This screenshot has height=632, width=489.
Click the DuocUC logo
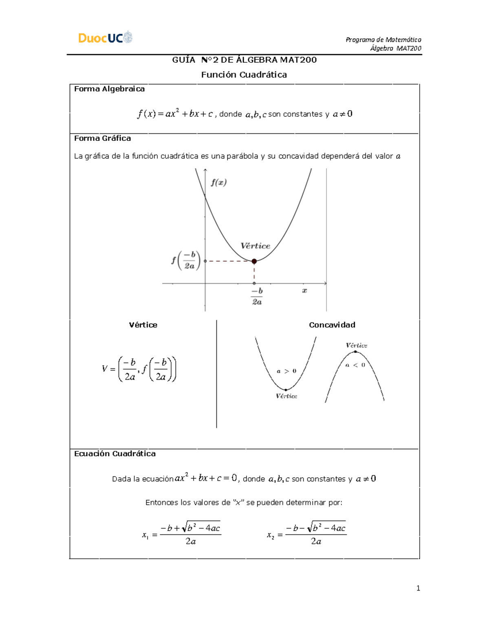[105, 37]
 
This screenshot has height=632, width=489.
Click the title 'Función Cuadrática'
[244, 74]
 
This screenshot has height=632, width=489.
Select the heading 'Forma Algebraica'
[109, 89]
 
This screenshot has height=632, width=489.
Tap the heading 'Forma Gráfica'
[102, 138]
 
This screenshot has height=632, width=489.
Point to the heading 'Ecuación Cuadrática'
[115, 454]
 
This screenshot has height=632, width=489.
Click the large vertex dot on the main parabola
[254, 261]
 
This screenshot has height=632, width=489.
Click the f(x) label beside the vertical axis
[219, 182]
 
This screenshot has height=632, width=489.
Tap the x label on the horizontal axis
[304, 291]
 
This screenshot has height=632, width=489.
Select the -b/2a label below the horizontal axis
[257, 296]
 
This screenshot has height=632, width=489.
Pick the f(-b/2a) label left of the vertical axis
[186, 260]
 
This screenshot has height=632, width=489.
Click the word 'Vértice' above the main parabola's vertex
[255, 246]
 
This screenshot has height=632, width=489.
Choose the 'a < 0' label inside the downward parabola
[355, 365]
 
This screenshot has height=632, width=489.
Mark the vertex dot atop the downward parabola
[355, 352]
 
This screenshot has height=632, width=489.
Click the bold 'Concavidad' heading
[332, 325]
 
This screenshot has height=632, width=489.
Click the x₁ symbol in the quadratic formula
[145, 535]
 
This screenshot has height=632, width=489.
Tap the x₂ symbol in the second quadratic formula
[270, 535]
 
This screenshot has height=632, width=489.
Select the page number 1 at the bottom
[418, 588]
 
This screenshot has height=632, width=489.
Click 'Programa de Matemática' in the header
[383, 39]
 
